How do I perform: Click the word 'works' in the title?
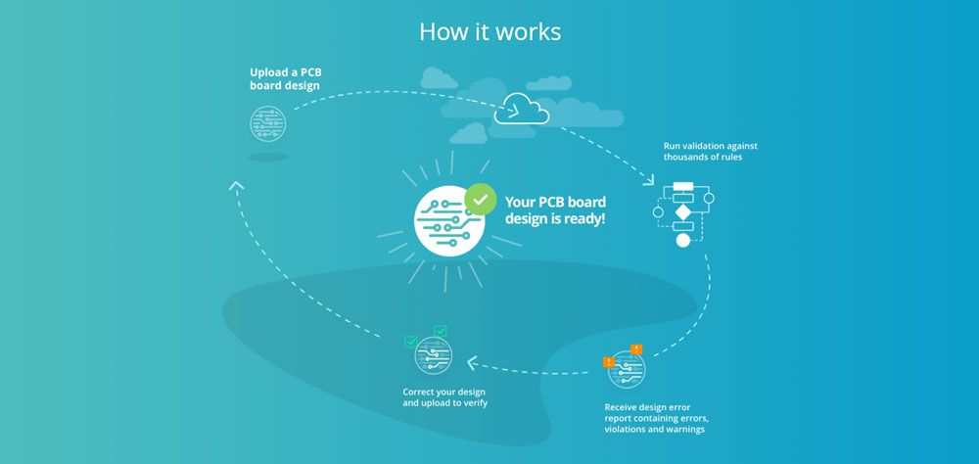coord(528,31)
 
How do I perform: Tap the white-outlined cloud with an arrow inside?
coord(521,110)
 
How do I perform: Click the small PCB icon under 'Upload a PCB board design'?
coord(268,124)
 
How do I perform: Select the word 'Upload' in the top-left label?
coord(267,72)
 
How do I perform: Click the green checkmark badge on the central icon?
coord(479,199)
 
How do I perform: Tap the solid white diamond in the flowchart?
coord(682,211)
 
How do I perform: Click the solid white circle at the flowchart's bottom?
coord(682,240)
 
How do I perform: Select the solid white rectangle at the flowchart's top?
coord(682,186)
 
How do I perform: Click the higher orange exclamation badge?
coord(636,348)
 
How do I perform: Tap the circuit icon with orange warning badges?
coord(627,370)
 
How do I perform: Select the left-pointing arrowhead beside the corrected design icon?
coord(473,363)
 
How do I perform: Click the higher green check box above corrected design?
coord(440,331)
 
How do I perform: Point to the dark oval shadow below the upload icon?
coord(268,157)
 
